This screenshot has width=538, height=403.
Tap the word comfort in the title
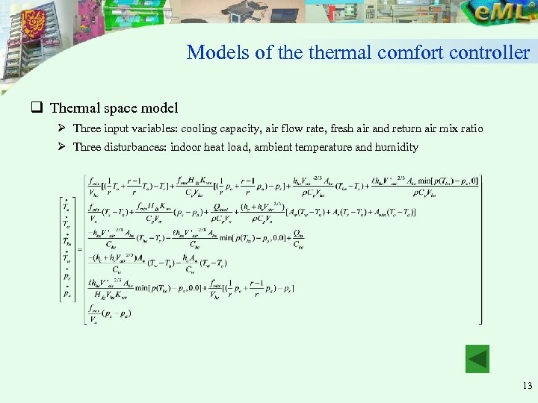pos(415,53)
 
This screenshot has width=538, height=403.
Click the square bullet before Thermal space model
pos(35,108)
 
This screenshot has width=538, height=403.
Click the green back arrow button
pos(477,358)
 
